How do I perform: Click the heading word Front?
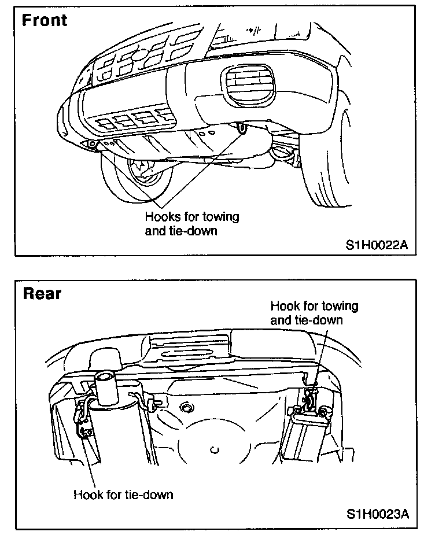pyautogui.click(x=45, y=20)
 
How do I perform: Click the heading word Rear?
pyautogui.click(x=42, y=293)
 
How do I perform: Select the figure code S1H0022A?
pyautogui.click(x=377, y=245)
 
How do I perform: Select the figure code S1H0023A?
pyautogui.click(x=378, y=514)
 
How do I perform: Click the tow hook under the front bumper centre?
pyautogui.click(x=242, y=127)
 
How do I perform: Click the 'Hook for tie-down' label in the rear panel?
pyautogui.click(x=123, y=494)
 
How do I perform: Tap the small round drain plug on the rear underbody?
pyautogui.click(x=186, y=407)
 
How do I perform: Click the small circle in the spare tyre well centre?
pyautogui.click(x=215, y=448)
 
